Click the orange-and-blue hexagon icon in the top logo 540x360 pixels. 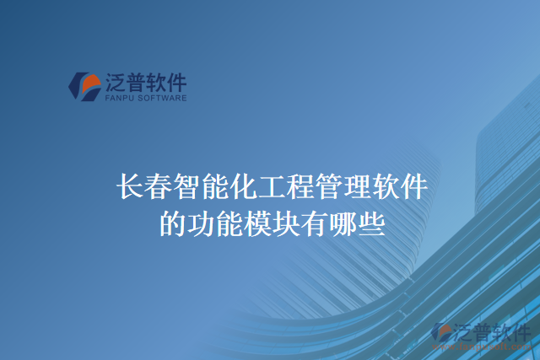point(84,86)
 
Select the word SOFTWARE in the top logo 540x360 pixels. point(165,98)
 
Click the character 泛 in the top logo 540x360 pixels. point(116,83)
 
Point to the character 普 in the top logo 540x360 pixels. point(135,83)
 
